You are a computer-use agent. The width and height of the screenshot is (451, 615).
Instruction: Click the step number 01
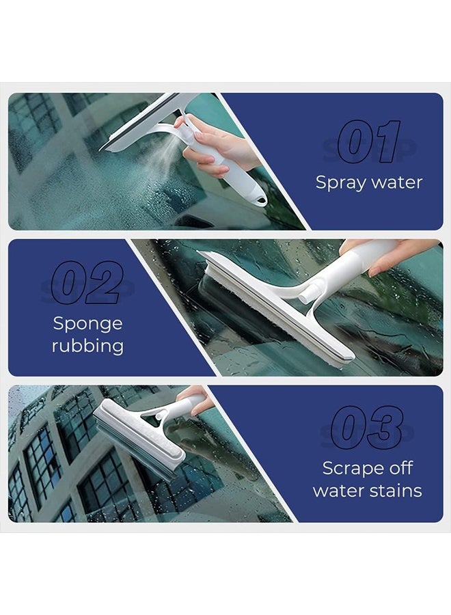pyautogui.click(x=369, y=142)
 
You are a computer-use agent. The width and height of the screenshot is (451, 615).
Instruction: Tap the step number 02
pyautogui.click(x=87, y=282)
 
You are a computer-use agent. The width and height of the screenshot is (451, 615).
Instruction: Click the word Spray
pyautogui.click(x=340, y=183)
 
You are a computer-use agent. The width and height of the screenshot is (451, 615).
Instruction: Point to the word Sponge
pyautogui.click(x=87, y=324)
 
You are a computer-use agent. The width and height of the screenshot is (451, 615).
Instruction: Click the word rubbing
pyautogui.click(x=87, y=346)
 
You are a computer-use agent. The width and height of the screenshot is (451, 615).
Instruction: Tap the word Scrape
pyautogui.click(x=349, y=469)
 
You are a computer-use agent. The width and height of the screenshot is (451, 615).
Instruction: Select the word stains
pyautogui.click(x=396, y=491)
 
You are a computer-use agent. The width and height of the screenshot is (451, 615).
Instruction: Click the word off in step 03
pyautogui.click(x=402, y=469)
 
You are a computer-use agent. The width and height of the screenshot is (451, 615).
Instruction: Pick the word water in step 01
pyautogui.click(x=397, y=183)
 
